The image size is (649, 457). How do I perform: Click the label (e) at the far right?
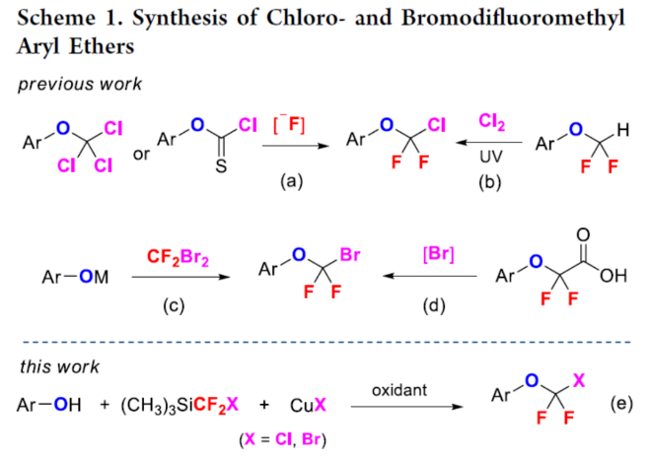pos(621,405)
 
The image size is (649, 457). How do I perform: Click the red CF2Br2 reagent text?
pos(175,258)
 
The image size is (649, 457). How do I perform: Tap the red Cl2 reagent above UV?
pos(492,122)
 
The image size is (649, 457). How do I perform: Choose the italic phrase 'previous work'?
pos(80,84)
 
